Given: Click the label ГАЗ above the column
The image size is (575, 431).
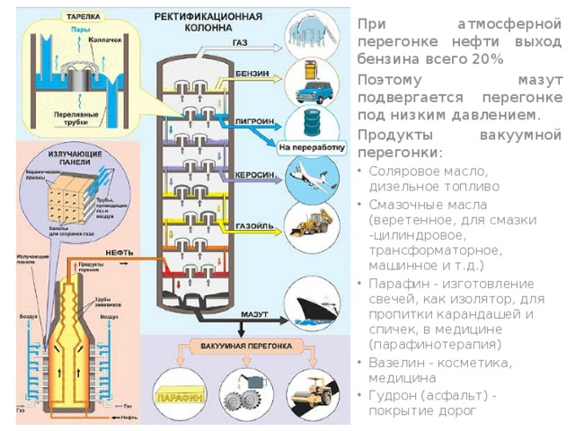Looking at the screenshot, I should coord(240,43).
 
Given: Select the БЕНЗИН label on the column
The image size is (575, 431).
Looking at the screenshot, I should coord(249,72).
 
